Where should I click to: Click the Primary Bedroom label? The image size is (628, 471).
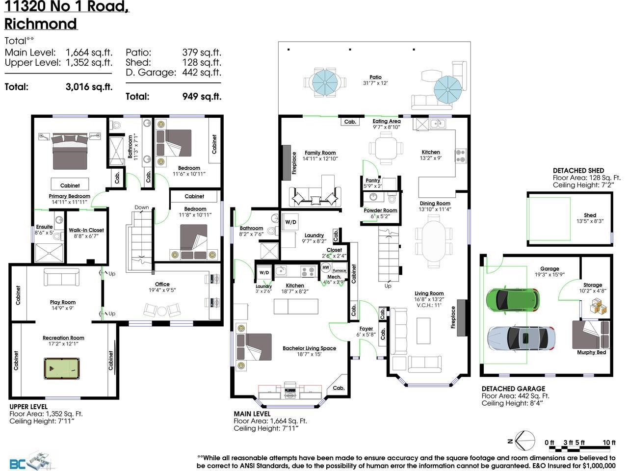pyautogui.click(x=69, y=196)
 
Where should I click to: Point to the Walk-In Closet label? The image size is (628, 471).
pyautogui.click(x=86, y=230)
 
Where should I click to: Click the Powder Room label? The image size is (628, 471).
pyautogui.click(x=380, y=210)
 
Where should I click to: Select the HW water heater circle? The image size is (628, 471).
pyautogui.click(x=326, y=267)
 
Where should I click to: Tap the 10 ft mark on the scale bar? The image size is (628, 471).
pyautogui.click(x=609, y=443)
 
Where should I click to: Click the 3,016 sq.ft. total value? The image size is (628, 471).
pyautogui.click(x=89, y=87)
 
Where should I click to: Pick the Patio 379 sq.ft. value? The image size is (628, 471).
pyautogui.click(x=201, y=52)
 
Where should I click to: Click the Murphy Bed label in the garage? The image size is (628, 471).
pyautogui.click(x=591, y=352)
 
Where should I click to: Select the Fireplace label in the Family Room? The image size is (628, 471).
pyautogui.click(x=294, y=163)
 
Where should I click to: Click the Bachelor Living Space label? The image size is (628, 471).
pyautogui.click(x=309, y=348)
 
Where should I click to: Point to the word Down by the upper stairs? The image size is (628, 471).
pyautogui.click(x=142, y=207)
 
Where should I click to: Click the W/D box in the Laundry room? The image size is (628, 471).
pyautogui.click(x=291, y=222)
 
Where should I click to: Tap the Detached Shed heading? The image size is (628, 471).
pyautogui.click(x=578, y=170)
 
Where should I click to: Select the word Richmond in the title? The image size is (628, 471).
pyautogui.click(x=41, y=24)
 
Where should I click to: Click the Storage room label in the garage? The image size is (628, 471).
pyautogui.click(x=593, y=285)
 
